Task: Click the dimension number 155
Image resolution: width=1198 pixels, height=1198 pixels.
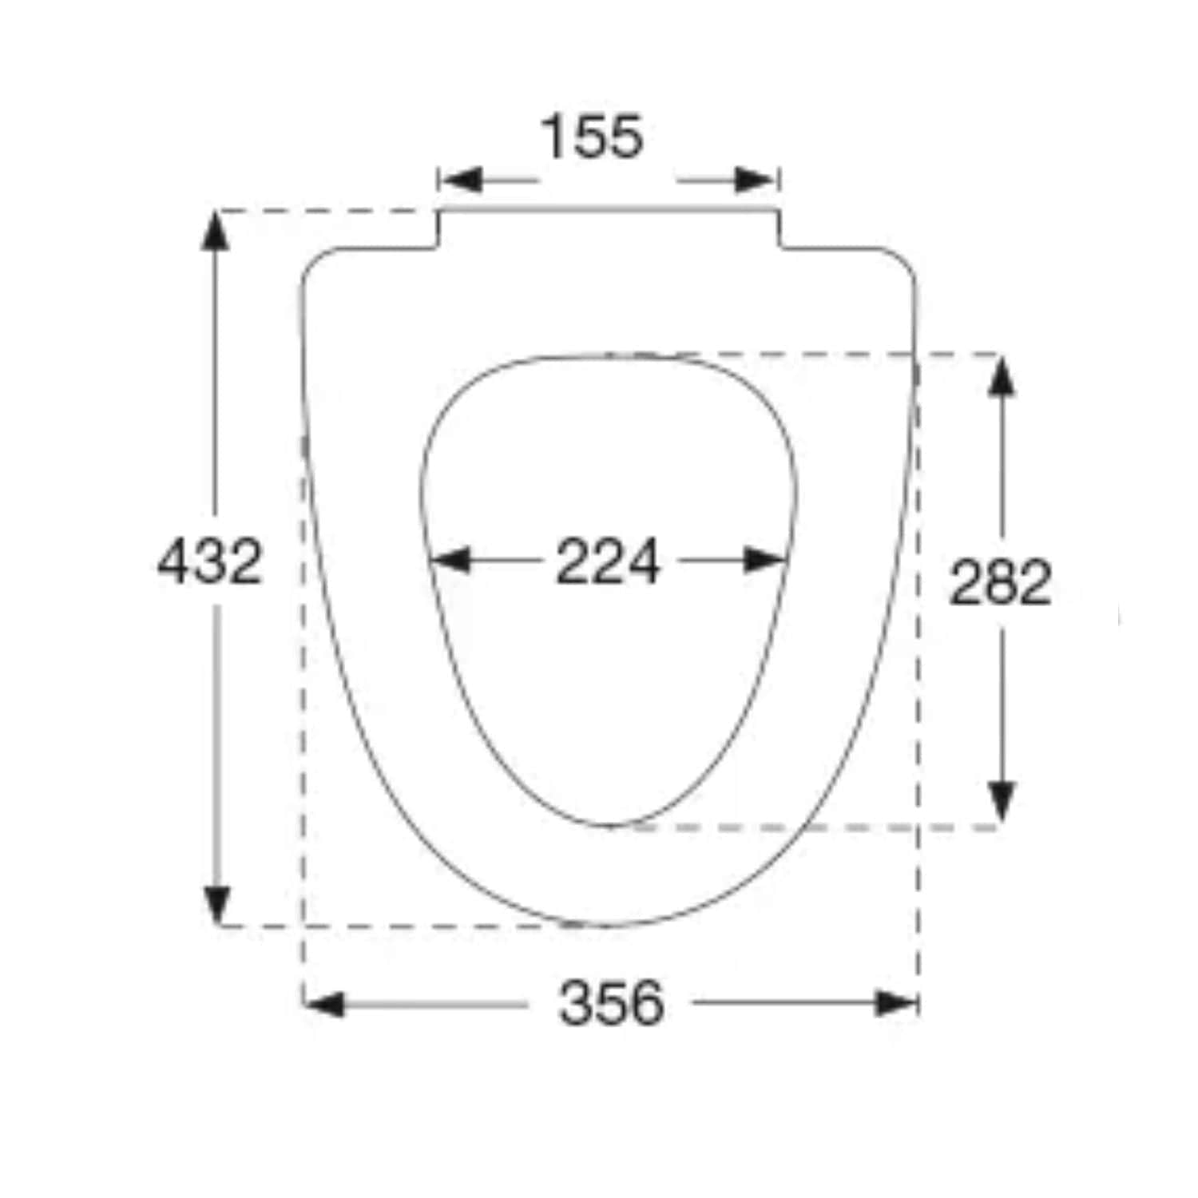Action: coord(592,137)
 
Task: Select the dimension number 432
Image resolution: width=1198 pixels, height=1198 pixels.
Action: coord(210,561)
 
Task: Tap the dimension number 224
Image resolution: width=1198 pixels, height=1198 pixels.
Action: coord(608,561)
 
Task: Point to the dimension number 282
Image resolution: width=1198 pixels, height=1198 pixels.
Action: coord(1000,581)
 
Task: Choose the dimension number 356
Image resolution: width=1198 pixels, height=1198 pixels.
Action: coord(612,1003)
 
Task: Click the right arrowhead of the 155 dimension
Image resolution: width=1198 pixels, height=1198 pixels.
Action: coord(756,180)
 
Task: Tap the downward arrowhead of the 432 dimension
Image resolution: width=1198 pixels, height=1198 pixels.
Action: coord(215,904)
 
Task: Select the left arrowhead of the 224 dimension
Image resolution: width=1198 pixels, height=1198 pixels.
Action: coord(450,560)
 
